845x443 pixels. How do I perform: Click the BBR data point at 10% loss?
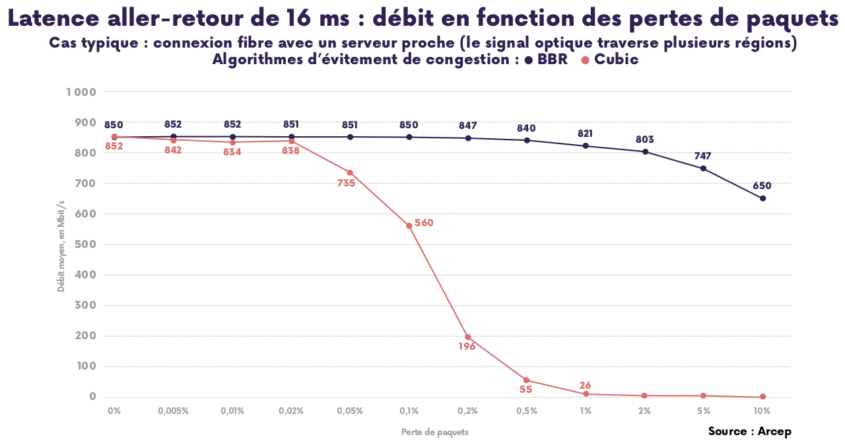click(x=762, y=198)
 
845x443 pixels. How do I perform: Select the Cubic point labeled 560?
click(x=409, y=225)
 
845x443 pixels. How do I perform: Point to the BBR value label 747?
click(x=703, y=156)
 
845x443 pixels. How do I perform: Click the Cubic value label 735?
click(x=346, y=183)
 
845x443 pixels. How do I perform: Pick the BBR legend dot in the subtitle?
click(x=528, y=60)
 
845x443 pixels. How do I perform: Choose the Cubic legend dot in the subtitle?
click(x=585, y=60)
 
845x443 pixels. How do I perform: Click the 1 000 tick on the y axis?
click(x=81, y=92)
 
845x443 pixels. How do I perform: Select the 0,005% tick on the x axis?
click(x=173, y=411)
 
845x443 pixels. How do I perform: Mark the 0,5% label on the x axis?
click(x=527, y=411)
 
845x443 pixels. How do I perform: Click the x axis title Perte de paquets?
click(x=435, y=432)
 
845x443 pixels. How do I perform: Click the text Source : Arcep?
click(x=749, y=431)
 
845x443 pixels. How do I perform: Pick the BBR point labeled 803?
click(x=645, y=151)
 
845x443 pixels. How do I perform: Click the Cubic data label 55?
click(x=525, y=389)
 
